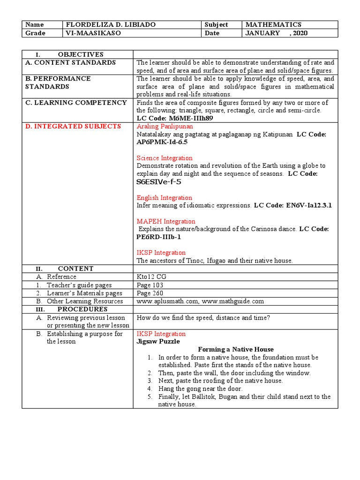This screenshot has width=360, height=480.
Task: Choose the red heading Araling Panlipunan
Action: click(165, 127)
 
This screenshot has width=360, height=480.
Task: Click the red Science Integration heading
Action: click(164, 158)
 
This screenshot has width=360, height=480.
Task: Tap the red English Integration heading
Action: click(164, 198)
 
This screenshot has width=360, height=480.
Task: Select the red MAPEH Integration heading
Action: click(166, 221)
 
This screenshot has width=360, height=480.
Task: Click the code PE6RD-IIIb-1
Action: click(158, 237)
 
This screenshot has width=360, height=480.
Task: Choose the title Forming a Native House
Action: click(236, 350)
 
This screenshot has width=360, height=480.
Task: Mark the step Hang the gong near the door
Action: click(200, 389)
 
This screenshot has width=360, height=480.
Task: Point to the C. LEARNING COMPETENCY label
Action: click(75, 103)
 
